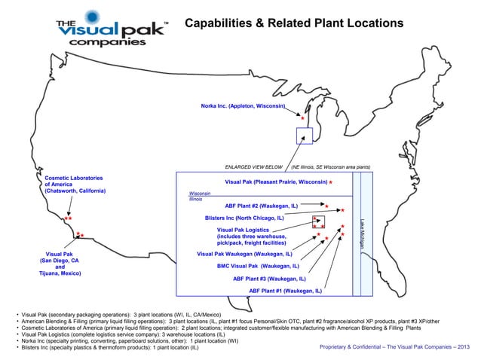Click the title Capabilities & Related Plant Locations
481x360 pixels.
tap(295, 24)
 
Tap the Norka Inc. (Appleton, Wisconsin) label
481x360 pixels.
tap(243, 106)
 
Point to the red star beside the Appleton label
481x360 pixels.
tap(302, 119)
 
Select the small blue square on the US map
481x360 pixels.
tap(303, 136)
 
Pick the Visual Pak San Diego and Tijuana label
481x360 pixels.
tap(60, 264)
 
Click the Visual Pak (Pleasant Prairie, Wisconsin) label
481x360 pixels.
tap(275, 182)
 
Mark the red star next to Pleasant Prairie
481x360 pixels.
tap(331, 183)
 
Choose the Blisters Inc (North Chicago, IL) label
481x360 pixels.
tap(244, 218)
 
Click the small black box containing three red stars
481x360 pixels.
tap(318, 222)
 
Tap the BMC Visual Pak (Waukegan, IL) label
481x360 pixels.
tap(258, 266)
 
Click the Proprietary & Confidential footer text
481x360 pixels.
tap(395, 348)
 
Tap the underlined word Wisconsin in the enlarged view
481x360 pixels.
tap(199, 193)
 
